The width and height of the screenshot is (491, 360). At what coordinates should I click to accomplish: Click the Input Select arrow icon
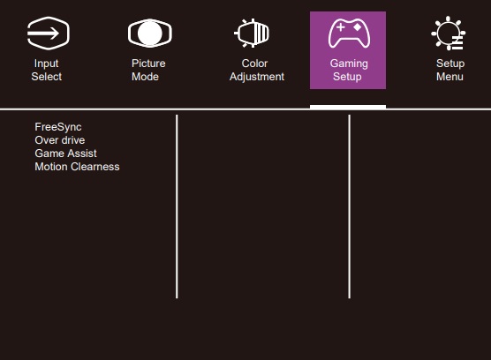coord(48,34)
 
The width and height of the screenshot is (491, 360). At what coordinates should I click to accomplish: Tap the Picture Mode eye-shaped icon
coord(149,34)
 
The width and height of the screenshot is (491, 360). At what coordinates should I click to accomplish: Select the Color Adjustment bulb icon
coord(252,34)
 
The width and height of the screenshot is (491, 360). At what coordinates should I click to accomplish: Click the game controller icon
coord(349,34)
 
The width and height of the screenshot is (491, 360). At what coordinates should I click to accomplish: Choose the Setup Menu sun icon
coord(448,34)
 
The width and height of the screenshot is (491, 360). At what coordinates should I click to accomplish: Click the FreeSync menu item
coord(58,127)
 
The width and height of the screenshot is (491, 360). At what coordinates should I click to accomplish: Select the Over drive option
coord(60,140)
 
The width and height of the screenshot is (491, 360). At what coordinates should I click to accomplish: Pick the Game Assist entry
coord(65,154)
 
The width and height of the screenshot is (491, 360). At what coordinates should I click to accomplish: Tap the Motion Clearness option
coord(77,167)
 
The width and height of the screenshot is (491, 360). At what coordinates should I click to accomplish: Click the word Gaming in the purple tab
coord(349,64)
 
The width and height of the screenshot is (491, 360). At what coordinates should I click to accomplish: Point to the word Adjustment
coord(257,77)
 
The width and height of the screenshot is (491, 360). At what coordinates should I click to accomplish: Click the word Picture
coord(148,64)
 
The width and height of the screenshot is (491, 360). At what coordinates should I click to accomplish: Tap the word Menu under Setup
coord(449,77)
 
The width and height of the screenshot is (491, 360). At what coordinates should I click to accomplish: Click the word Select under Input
coord(46,77)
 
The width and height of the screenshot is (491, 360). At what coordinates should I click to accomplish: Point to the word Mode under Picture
coord(145,77)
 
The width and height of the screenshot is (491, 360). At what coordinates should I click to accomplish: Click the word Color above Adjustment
coord(254,64)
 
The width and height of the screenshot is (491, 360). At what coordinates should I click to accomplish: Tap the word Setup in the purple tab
coord(347,77)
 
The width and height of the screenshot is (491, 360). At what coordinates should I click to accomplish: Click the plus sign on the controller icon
coord(340,27)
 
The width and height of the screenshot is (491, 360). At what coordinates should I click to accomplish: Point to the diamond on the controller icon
coord(357,27)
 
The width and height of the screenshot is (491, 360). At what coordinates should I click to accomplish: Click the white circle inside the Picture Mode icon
coord(149,34)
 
